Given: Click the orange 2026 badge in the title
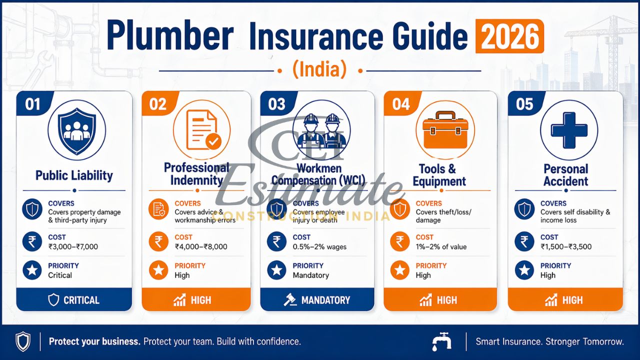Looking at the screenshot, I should [509, 36].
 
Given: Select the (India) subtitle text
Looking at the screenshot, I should [319, 69].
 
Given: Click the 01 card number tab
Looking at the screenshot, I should [33, 104].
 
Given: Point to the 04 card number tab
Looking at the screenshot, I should [401, 104].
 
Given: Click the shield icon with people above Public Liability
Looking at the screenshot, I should [76, 129].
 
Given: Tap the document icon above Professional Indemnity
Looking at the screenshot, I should [201, 129].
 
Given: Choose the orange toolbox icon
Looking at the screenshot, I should [444, 132].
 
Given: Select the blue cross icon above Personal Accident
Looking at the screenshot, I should [568, 129].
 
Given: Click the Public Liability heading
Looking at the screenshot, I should [74, 175].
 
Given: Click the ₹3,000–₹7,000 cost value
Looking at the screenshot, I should [73, 246].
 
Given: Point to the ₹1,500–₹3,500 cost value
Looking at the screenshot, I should [566, 246].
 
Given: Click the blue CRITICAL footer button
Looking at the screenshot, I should [74, 300].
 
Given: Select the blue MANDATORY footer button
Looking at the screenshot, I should [317, 300].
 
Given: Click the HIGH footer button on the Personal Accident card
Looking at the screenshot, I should [565, 300].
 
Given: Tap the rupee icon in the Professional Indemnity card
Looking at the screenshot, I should [159, 242].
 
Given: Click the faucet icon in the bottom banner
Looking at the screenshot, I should [441, 341].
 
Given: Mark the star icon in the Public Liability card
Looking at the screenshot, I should [32, 270].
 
